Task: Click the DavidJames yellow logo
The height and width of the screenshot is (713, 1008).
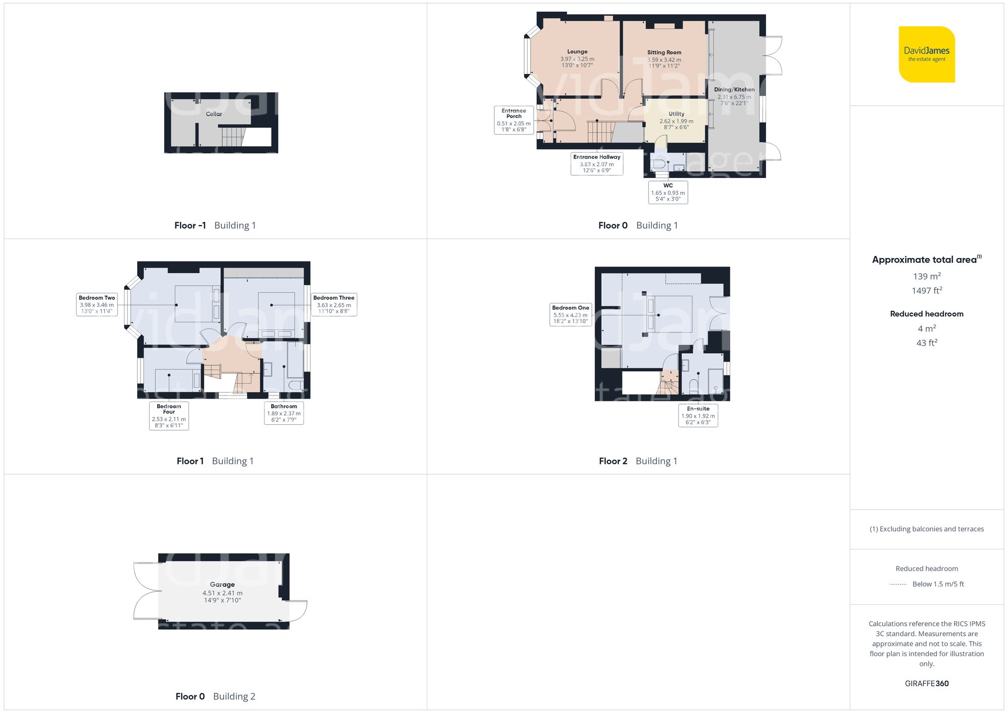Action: pos(926,54)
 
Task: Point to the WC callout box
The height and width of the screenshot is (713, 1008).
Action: pos(668,192)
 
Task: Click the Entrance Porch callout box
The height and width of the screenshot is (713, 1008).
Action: pos(514,120)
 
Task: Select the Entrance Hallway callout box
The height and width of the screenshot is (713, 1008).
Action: pos(597,164)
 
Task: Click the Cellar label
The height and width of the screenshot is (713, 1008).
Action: pos(214,114)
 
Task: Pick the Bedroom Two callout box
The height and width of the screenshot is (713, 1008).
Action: pos(97,304)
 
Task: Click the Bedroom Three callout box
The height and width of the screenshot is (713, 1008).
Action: pos(334,304)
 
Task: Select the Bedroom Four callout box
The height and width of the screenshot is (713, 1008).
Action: pos(169,416)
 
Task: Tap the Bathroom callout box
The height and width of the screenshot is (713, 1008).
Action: pos(284,413)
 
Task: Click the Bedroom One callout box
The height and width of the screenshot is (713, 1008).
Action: pos(570,314)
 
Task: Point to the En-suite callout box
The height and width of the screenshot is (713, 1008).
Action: pos(698,415)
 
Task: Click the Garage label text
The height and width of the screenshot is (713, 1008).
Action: pos(222,585)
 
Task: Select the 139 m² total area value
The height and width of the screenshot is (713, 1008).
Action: pos(926,276)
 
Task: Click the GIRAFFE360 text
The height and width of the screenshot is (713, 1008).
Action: pos(926,683)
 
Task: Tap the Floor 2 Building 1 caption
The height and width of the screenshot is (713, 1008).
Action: pos(638,461)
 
